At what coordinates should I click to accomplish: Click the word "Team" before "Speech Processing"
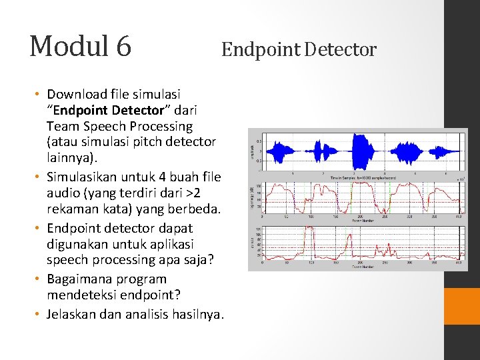62,126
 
